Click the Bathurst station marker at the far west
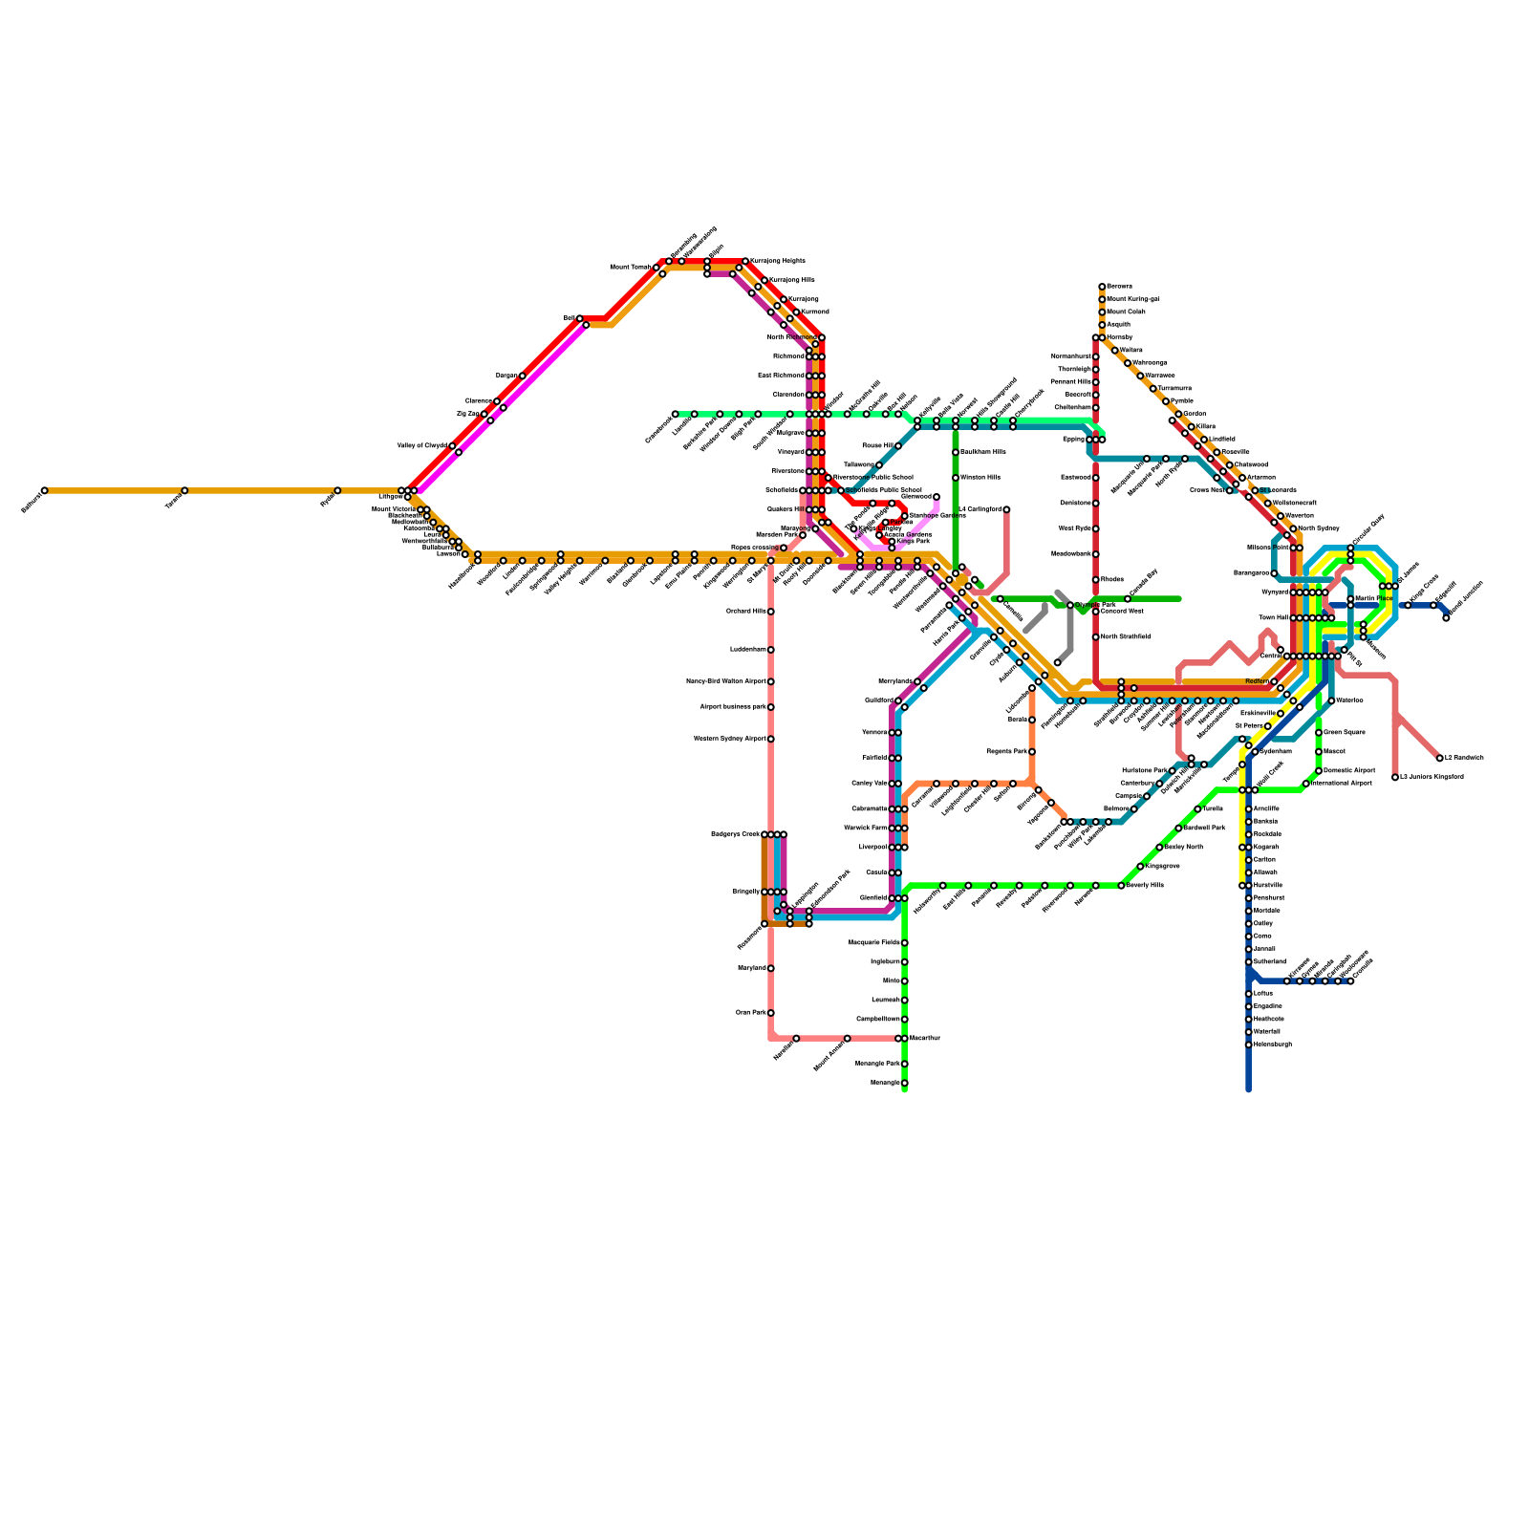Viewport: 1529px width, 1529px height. (44, 491)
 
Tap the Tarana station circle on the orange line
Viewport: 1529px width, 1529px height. (184, 491)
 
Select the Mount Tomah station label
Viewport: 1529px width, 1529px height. (632, 268)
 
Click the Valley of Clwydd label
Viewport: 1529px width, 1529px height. (422, 446)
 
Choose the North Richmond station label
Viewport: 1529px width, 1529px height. (791, 337)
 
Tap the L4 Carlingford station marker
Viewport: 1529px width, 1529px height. (1006, 509)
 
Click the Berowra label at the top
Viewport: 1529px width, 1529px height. (1119, 287)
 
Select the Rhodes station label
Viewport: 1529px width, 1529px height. (1111, 580)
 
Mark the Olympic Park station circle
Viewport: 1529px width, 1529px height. (1070, 605)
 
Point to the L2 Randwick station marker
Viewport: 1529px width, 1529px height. (1440, 758)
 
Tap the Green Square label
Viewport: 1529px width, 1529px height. (1345, 733)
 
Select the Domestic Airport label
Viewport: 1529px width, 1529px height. (1349, 770)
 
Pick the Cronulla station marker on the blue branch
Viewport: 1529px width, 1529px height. (1350, 980)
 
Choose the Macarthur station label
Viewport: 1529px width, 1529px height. (924, 1039)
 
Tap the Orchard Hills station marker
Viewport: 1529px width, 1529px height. (771, 612)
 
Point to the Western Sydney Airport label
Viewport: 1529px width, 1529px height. (733, 739)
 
